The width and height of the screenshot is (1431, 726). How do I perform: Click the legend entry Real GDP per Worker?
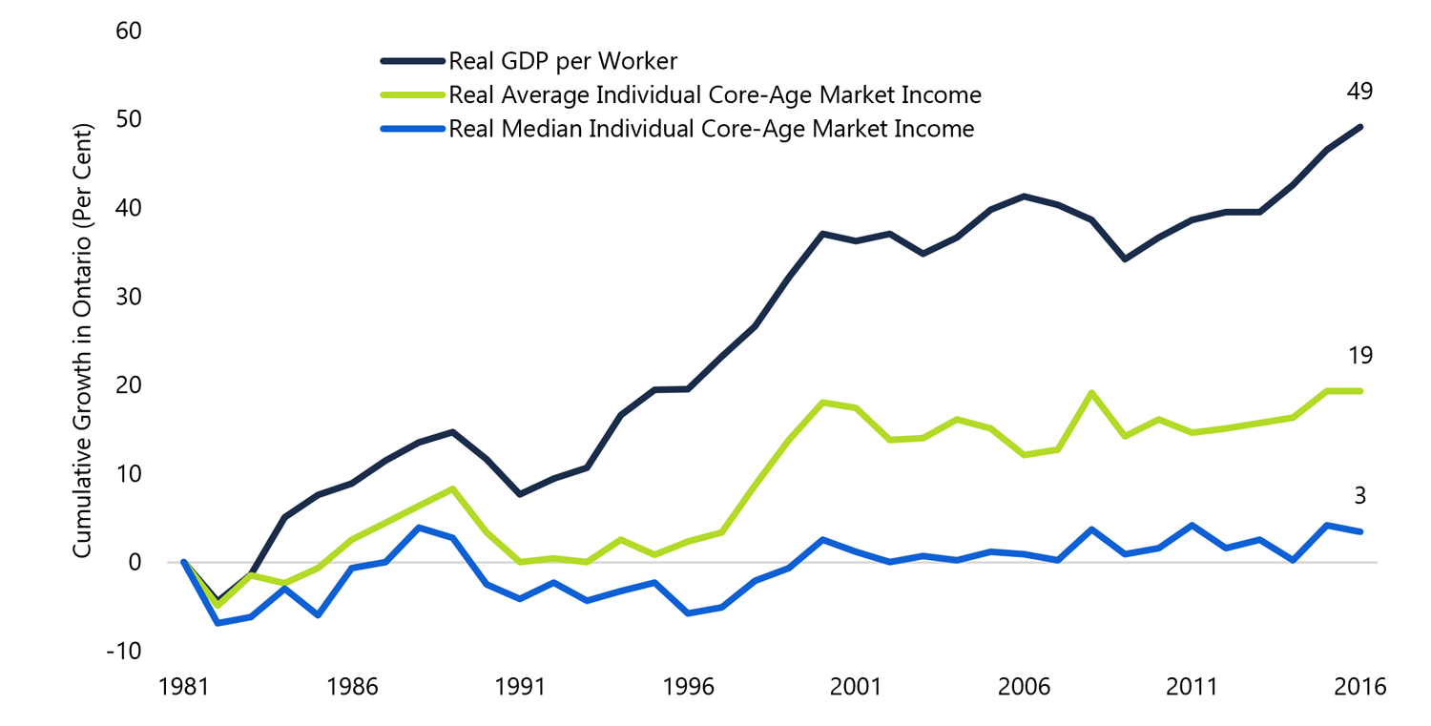(x=562, y=62)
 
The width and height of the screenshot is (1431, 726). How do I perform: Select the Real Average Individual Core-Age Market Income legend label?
(x=715, y=95)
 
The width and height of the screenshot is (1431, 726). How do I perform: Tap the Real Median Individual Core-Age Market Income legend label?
(x=711, y=129)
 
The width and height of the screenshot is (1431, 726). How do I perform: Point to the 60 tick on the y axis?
(x=128, y=31)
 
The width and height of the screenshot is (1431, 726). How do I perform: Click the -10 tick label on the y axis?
(x=123, y=651)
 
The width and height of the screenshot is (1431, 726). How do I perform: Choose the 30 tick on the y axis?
(x=128, y=297)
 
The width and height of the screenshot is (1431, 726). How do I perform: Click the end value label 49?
(x=1359, y=93)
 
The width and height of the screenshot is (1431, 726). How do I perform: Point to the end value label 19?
(x=1359, y=357)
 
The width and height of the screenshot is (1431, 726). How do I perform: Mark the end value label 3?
(x=1359, y=496)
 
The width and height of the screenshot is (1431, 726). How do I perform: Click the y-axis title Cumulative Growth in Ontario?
(x=83, y=341)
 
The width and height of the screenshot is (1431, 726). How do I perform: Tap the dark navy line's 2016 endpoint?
(x=1359, y=127)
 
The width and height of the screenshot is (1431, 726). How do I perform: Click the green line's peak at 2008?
(x=1091, y=393)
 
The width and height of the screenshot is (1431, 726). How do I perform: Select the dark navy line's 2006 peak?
(x=1024, y=197)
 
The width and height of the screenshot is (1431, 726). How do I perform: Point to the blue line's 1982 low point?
(x=218, y=623)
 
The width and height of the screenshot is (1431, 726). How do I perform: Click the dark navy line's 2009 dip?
(x=1125, y=259)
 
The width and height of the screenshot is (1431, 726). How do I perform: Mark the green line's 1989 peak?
(x=453, y=488)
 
